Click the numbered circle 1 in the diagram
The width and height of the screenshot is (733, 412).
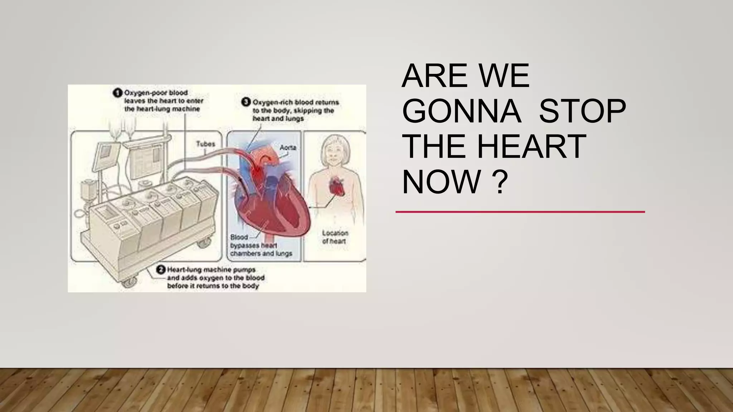click(117, 93)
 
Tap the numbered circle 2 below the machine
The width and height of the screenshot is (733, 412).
click(161, 270)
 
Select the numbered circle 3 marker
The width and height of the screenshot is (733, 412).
click(246, 102)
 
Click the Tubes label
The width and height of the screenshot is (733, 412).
click(205, 144)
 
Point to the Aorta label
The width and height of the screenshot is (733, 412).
click(288, 147)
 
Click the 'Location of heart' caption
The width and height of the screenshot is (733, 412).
click(335, 237)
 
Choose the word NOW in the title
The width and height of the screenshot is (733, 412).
click(441, 182)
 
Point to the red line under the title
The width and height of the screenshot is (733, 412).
click(520, 212)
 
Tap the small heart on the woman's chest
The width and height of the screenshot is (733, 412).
click(336, 186)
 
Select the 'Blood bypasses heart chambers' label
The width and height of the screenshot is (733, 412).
click(261, 245)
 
